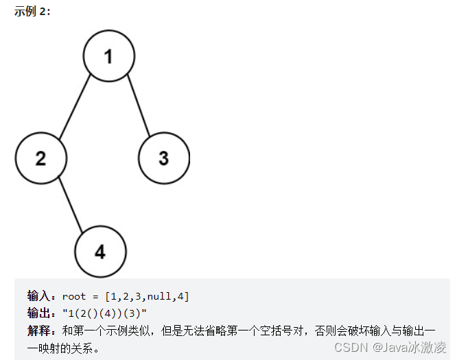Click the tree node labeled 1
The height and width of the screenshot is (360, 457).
click(108, 56)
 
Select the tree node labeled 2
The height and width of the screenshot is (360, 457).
click(40, 158)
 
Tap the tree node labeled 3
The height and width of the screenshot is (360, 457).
click(163, 158)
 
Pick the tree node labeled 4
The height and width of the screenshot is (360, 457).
click(100, 252)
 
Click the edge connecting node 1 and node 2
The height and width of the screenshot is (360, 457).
click(75, 107)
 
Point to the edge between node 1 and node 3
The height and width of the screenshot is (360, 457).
click(137, 107)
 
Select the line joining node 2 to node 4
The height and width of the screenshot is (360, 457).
click(71, 205)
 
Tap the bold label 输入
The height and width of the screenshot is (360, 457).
click(40, 296)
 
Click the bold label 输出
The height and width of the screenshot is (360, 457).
click(40, 313)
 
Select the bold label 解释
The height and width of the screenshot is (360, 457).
click(40, 330)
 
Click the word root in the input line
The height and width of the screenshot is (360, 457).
click(74, 296)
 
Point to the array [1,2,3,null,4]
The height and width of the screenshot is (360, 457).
click(147, 296)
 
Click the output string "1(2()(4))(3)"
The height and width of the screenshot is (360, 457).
click(104, 313)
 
